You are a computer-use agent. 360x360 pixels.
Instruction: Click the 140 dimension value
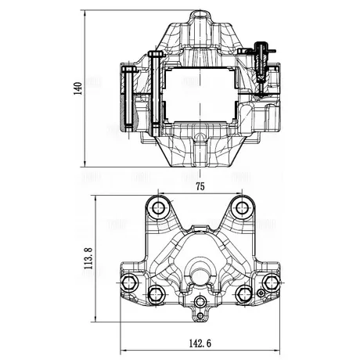(x=77, y=88)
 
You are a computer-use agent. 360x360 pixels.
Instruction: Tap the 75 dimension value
(x=200, y=187)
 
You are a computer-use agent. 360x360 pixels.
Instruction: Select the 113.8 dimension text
(x=88, y=258)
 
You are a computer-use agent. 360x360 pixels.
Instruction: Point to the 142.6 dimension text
(x=200, y=344)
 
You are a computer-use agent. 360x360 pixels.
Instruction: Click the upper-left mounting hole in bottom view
(x=158, y=208)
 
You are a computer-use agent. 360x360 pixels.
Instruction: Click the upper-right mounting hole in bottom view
(x=243, y=208)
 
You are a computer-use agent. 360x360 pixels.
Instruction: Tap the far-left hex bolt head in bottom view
(x=130, y=283)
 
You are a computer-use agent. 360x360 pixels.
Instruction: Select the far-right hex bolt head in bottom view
(x=272, y=283)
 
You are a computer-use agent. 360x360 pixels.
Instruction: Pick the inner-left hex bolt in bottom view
(x=156, y=293)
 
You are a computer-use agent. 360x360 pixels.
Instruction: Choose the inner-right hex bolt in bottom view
(x=244, y=293)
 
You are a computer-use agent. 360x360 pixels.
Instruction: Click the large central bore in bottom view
(x=200, y=275)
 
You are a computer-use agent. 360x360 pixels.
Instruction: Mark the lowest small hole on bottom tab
(x=200, y=316)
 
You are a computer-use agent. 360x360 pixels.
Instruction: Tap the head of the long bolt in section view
(x=157, y=54)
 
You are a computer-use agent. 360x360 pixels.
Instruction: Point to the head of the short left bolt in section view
(x=129, y=69)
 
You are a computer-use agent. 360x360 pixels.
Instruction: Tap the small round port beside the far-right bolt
(x=261, y=293)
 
